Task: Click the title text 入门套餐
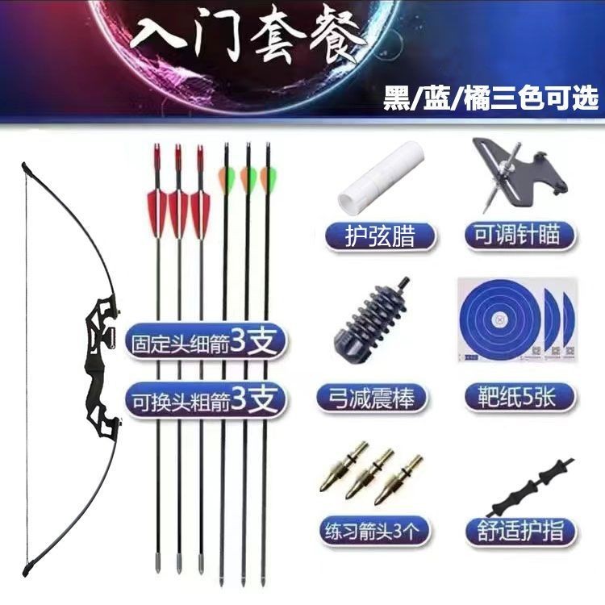247,35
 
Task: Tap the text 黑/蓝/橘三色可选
490,98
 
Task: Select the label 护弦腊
381,236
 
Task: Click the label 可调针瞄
518,235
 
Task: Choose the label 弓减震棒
373,398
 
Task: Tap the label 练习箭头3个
373,530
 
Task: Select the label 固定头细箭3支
205,341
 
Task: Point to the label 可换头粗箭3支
205,400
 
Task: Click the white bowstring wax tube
381,178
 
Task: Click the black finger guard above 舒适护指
530,487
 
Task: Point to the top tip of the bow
24,165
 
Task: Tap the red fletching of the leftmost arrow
157,213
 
